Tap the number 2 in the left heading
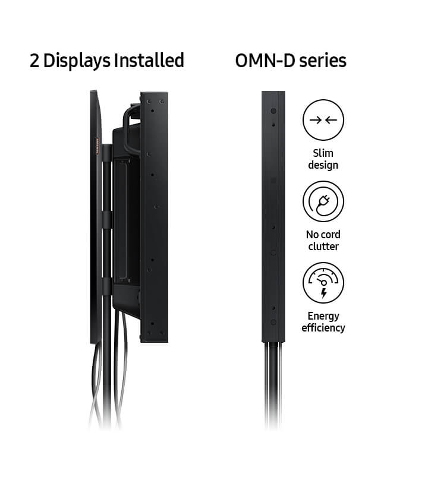coord(35,61)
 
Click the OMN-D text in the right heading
coord(263,61)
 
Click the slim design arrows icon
coord(323,120)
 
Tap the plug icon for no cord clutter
coord(323,201)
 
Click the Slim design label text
coord(323,159)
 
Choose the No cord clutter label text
coord(323,240)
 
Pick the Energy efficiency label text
coord(323,321)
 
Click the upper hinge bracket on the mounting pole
coord(106,156)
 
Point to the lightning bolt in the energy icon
coord(323,293)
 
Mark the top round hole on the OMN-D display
coord(273,111)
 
